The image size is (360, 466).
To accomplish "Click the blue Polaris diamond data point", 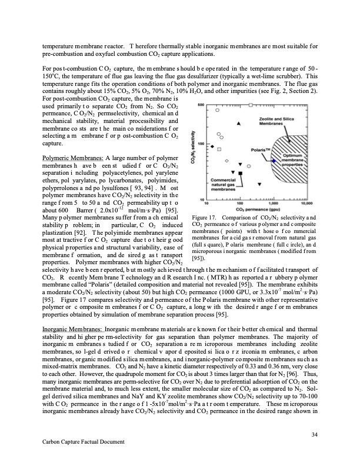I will pyautogui.click(x=274, y=161).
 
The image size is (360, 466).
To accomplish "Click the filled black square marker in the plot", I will pyautogui.click(x=241, y=173).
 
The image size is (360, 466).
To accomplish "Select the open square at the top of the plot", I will pyautogui.click(x=251, y=105).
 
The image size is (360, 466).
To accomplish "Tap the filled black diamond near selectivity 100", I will pyautogui.click(x=212, y=147).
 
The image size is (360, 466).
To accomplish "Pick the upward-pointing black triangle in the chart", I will pyautogui.click(x=239, y=124).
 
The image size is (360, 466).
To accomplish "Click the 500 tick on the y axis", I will pyautogui.click(x=200, y=105).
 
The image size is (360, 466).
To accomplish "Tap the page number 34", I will pyautogui.click(x=312, y=434).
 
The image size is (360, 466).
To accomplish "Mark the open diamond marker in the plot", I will pyautogui.click(x=226, y=161).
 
